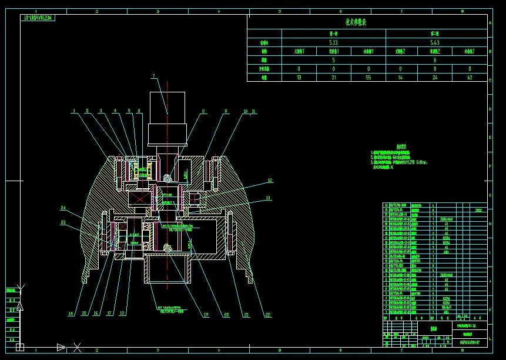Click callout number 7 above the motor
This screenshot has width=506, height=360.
(153, 76)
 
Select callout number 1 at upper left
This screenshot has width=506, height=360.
(75, 111)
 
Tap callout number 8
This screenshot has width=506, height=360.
(203, 111)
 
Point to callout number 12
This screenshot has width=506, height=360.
(270, 181)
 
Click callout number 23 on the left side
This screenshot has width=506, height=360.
(63, 222)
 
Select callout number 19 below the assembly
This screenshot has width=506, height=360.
(206, 315)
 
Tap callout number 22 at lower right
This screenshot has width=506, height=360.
(268, 315)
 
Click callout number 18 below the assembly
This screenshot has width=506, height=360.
(122, 313)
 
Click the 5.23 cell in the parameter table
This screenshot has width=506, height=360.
(333, 42)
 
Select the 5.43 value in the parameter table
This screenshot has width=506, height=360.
(435, 42)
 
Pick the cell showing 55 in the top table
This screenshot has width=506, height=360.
(368, 77)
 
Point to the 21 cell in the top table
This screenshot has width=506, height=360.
(333, 77)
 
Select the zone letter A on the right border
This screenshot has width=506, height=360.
(490, 24)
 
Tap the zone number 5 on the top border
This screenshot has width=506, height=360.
(279, 11)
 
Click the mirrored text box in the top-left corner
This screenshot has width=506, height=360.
(38, 18)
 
